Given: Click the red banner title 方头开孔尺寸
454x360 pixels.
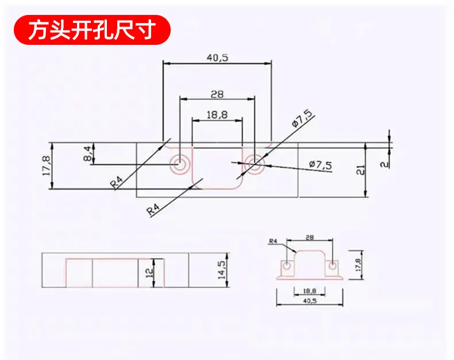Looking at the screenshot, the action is click(92, 30).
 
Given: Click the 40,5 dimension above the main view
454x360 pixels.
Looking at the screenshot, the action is click(217, 58).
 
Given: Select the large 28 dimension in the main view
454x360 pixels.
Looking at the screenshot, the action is click(217, 94).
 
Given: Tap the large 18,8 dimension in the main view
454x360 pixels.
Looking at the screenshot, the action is click(217, 115).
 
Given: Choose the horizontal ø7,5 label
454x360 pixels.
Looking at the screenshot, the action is click(321, 165).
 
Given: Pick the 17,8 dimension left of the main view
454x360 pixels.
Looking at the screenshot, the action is click(47, 166).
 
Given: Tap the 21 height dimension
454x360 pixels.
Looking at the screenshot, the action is click(360, 170).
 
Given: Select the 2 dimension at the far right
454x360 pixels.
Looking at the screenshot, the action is click(385, 164).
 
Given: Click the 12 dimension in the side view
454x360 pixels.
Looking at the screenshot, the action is click(149, 273).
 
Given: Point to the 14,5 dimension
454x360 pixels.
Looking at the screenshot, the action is click(222, 270).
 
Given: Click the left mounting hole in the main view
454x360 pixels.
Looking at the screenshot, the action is click(180, 164).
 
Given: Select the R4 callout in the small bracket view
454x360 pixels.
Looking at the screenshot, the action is click(273, 241).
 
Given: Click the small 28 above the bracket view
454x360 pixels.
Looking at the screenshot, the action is click(310, 238).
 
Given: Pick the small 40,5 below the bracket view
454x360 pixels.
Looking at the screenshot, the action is click(310, 301).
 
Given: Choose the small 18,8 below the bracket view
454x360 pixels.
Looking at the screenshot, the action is click(310, 291).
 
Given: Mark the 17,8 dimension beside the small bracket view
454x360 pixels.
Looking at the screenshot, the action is click(359, 265).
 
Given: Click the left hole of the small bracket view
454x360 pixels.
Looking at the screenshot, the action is click(287, 266).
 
